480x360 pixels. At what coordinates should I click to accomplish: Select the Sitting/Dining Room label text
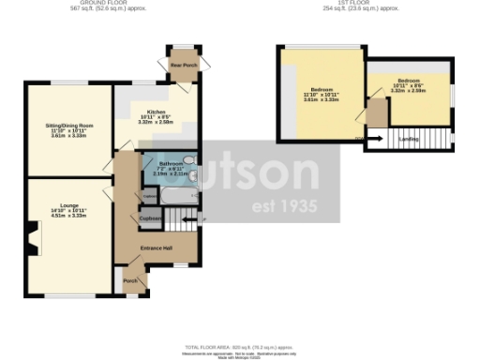click(x=71, y=130)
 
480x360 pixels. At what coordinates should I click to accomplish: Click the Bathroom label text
click(x=157, y=167)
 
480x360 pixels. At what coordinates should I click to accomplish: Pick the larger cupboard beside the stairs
click(x=150, y=219)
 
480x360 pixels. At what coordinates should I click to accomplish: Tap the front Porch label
click(x=130, y=280)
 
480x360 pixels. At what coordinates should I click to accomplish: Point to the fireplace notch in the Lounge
click(x=32, y=247)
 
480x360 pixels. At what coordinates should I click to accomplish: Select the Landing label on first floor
click(x=409, y=140)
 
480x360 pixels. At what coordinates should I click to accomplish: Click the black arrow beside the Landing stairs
click(x=359, y=140)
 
